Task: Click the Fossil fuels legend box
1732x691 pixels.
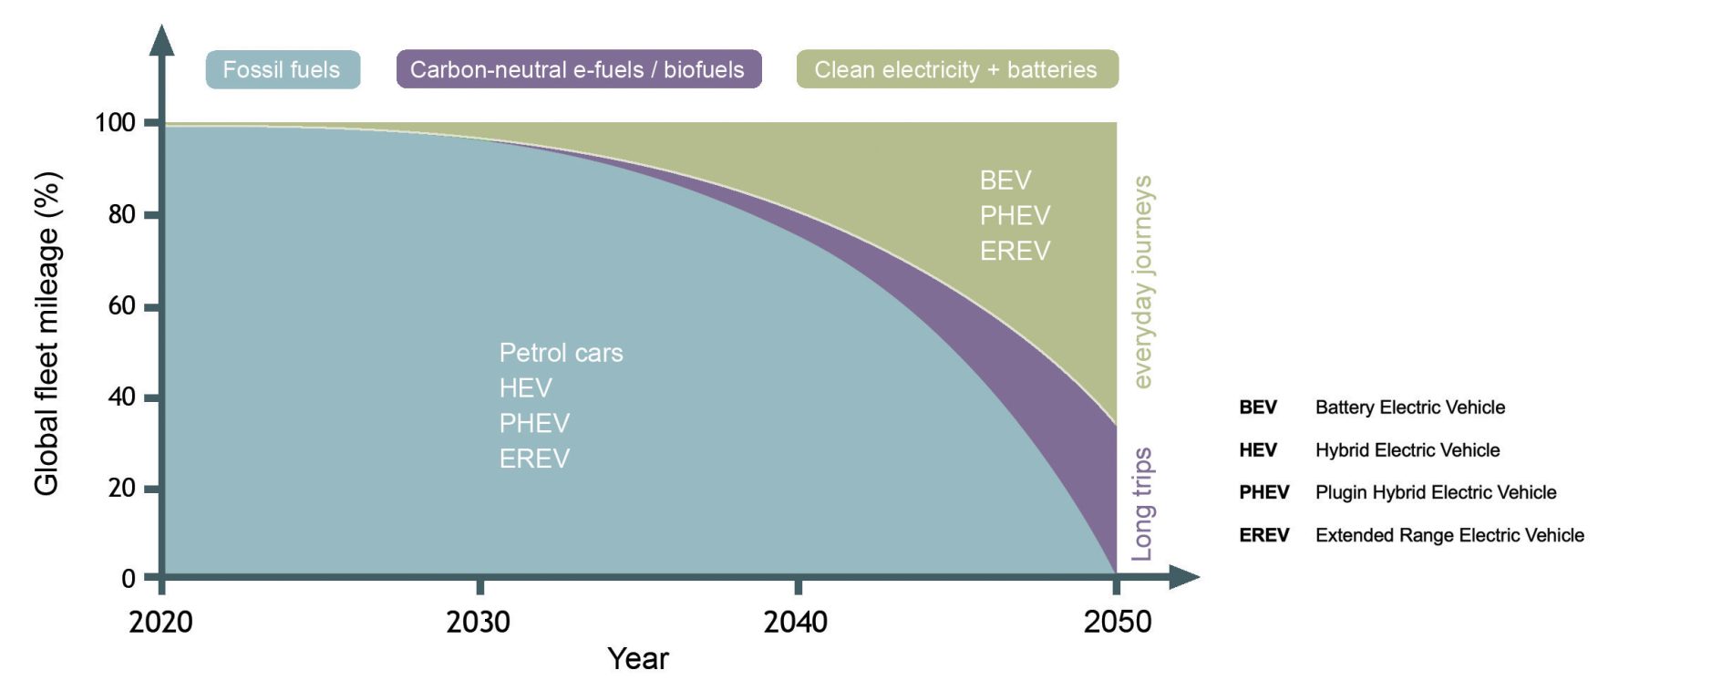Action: point(283,70)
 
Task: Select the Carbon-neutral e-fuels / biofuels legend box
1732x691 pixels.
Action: point(578,70)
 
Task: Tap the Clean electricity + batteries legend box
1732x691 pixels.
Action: point(956,70)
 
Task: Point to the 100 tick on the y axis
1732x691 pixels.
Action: point(116,122)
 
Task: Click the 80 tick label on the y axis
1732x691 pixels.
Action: point(122,214)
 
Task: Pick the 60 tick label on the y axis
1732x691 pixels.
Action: point(122,305)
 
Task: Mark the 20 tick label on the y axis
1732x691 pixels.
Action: point(122,488)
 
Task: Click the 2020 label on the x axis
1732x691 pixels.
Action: point(161,622)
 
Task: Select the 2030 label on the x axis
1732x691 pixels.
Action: point(479,622)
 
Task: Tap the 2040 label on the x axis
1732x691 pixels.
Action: point(796,622)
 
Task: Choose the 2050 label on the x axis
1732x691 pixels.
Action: point(1117,622)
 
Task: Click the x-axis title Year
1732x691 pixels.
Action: point(638,658)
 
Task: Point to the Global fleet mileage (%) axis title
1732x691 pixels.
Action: point(46,334)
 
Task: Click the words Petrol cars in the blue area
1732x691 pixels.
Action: point(561,353)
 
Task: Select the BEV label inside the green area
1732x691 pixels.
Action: point(1005,180)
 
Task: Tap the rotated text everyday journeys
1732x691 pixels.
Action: point(1142,282)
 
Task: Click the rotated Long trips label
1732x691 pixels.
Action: point(1142,503)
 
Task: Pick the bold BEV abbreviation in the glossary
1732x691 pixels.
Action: point(1258,407)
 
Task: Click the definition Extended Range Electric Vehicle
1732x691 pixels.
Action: point(1449,535)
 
